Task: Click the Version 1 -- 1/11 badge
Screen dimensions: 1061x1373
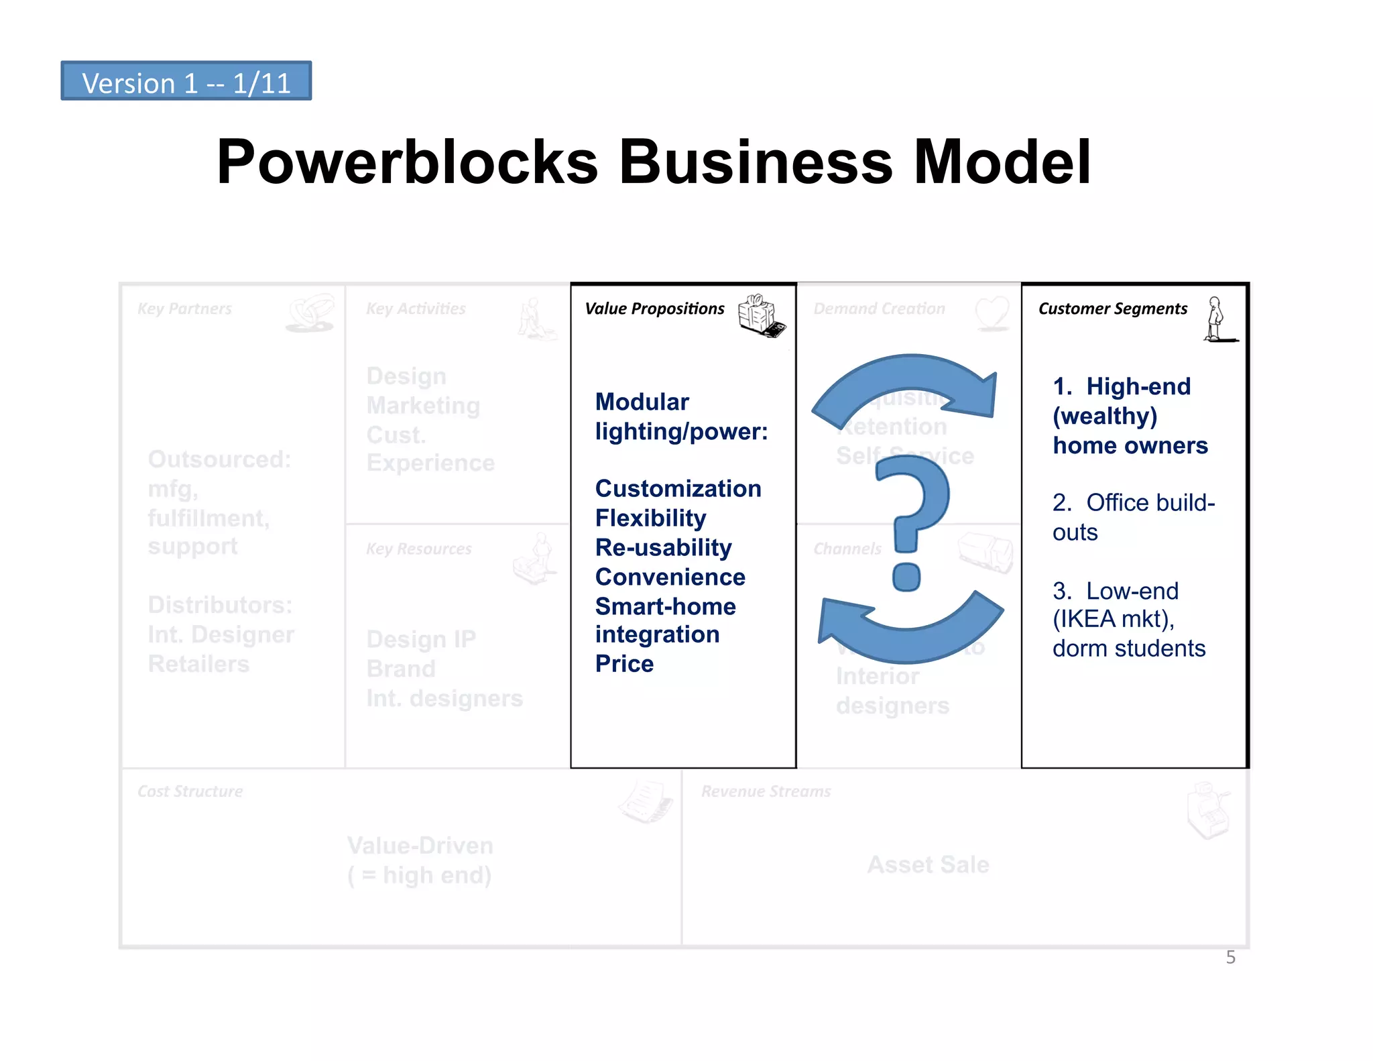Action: (x=186, y=81)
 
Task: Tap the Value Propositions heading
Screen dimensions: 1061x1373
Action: (x=654, y=309)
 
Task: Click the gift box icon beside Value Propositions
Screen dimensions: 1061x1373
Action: (x=760, y=315)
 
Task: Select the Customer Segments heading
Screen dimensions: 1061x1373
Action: (x=1112, y=309)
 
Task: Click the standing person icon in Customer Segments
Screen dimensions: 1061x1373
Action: (x=1216, y=319)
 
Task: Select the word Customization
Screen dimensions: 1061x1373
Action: (x=678, y=488)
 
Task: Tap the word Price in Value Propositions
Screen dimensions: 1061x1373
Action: (x=624, y=663)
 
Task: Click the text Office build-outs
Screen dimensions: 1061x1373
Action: (x=1133, y=516)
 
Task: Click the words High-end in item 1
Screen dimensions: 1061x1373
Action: (x=1138, y=386)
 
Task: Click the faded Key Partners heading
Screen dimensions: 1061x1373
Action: (x=184, y=309)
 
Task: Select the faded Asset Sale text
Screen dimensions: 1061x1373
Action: (x=928, y=864)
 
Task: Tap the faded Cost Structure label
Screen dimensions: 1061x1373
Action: (x=190, y=791)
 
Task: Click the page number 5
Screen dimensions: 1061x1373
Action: (x=1230, y=957)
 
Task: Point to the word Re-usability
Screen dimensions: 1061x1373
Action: (x=663, y=547)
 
